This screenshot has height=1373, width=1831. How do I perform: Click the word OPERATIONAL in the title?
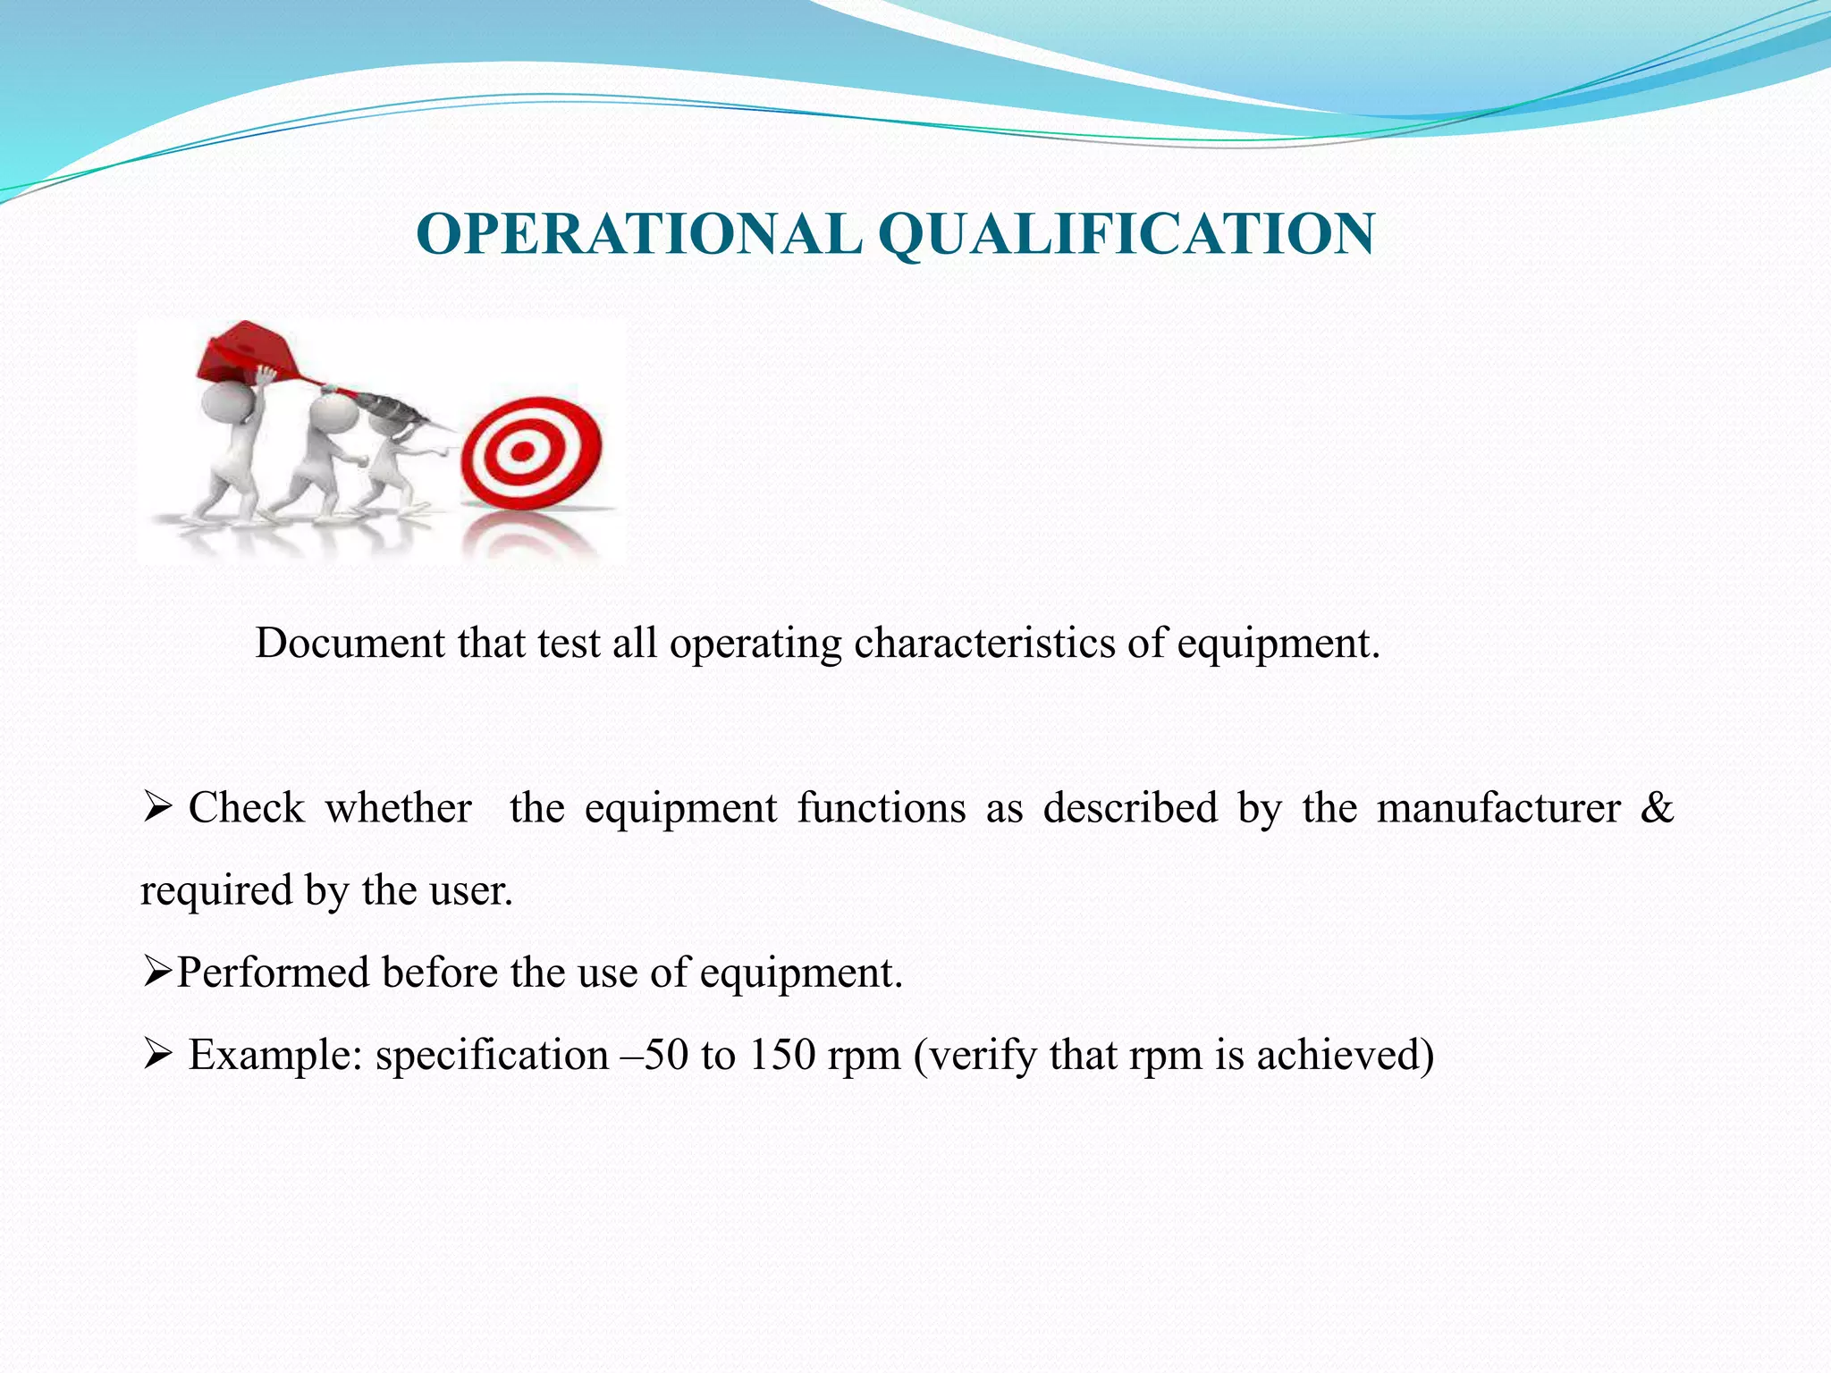(x=638, y=235)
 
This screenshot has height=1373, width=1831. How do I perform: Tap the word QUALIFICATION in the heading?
(x=1126, y=235)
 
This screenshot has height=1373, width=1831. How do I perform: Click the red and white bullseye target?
(x=531, y=451)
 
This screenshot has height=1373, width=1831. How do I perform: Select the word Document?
(x=350, y=644)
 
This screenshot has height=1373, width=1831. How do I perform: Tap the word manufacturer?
(x=1498, y=808)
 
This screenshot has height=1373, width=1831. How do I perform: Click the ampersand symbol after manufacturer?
(x=1657, y=808)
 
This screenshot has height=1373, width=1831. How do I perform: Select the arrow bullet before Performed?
(x=156, y=973)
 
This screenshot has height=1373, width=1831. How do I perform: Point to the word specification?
(x=492, y=1056)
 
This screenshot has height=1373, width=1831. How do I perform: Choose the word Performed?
(x=273, y=973)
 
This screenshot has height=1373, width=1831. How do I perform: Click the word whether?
(x=398, y=808)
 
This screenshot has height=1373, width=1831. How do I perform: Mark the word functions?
(x=882, y=808)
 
